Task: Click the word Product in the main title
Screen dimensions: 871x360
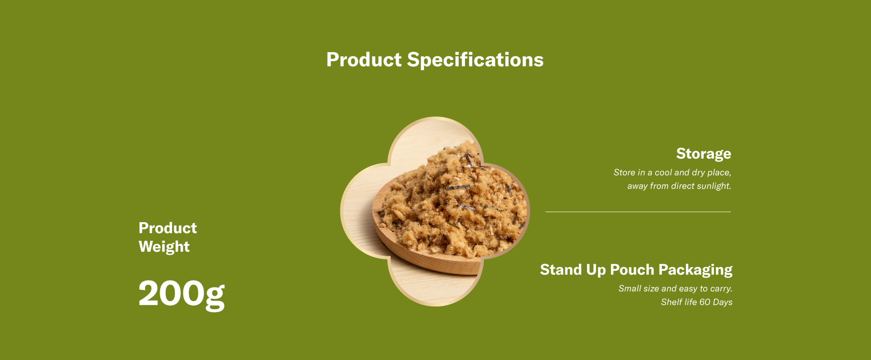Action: (x=364, y=60)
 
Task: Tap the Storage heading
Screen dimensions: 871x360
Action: (x=704, y=154)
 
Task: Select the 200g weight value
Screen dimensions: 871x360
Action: (x=181, y=294)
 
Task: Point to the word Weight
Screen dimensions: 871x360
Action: (x=164, y=247)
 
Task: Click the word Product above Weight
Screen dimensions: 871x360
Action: (x=168, y=228)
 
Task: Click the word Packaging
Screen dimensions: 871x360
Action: (x=695, y=270)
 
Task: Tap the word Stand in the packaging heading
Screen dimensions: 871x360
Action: (x=561, y=269)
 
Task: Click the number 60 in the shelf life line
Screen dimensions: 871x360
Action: (x=705, y=302)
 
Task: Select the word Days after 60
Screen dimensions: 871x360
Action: (x=723, y=302)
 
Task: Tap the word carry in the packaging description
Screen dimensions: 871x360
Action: (x=721, y=289)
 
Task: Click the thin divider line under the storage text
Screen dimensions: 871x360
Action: (x=638, y=212)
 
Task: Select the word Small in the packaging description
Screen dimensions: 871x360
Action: (x=630, y=288)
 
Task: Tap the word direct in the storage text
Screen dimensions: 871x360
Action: (x=681, y=186)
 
